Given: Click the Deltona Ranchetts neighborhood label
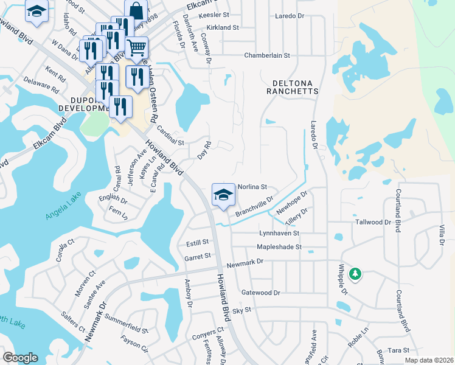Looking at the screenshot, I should [292, 86].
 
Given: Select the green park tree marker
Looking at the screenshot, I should [355, 274].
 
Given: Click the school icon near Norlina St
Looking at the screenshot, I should [223, 195].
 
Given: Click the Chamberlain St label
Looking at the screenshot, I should [267, 55].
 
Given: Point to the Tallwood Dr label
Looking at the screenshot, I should [373, 222].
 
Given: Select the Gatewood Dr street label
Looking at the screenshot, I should [260, 293].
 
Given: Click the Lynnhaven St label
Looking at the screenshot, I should [279, 233].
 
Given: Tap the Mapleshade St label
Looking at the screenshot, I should [279, 247].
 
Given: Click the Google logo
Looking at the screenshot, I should [19, 358].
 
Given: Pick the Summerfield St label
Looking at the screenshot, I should [126, 323].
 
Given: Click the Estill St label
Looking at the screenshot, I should [197, 243].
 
